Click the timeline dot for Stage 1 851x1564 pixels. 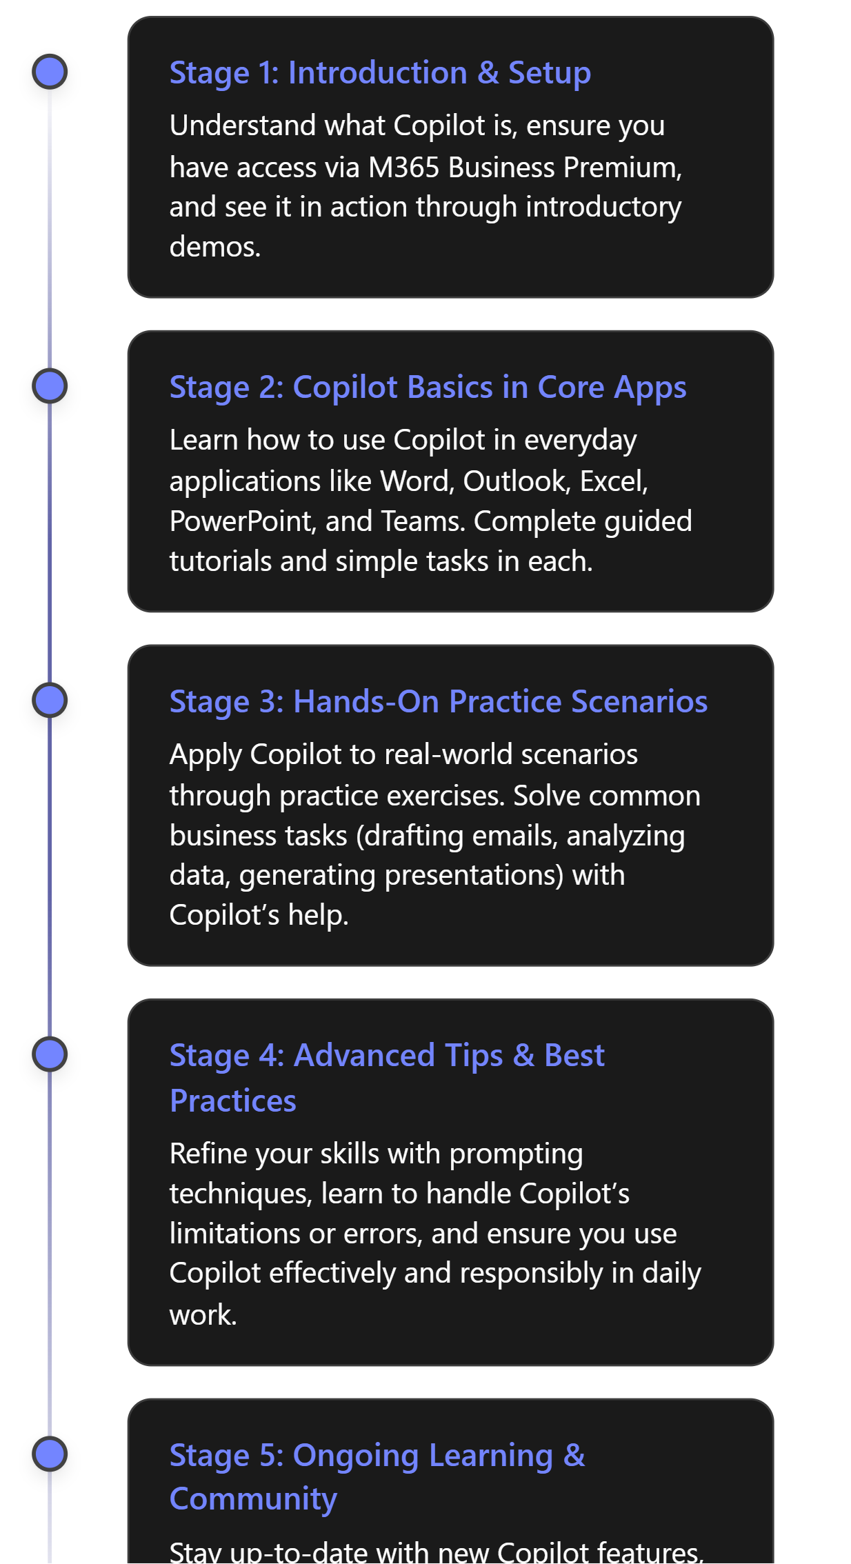point(50,72)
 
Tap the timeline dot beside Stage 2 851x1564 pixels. point(50,386)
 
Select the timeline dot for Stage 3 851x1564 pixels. point(50,701)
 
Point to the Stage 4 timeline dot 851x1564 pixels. point(50,1054)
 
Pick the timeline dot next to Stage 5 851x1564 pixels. point(50,1454)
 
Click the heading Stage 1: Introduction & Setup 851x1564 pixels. point(380,73)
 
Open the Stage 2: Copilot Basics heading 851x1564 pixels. point(428,388)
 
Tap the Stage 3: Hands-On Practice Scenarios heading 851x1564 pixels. point(438,702)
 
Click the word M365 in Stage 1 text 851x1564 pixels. point(403,168)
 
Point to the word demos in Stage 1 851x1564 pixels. point(214,247)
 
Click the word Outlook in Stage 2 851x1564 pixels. point(517,481)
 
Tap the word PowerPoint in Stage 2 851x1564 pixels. point(243,521)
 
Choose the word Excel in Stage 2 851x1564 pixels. point(613,481)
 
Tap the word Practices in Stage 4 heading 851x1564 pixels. point(233,1101)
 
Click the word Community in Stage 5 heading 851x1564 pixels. point(253,1499)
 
